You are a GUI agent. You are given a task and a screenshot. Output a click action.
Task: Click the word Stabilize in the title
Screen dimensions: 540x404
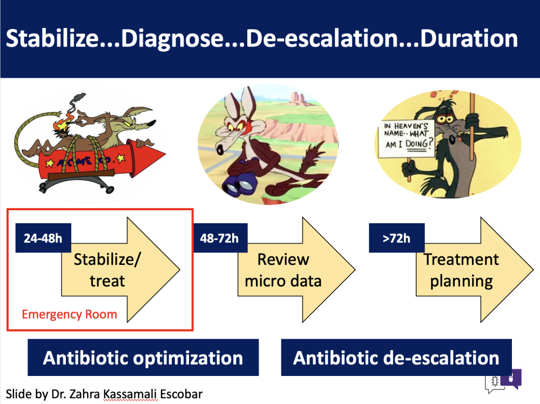coord(53,38)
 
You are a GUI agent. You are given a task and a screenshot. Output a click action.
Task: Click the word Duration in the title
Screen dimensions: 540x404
coord(469,38)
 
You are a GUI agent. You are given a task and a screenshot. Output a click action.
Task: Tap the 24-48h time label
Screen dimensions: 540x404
coord(43,238)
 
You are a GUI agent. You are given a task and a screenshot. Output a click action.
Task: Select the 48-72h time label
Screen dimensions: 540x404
coord(220,238)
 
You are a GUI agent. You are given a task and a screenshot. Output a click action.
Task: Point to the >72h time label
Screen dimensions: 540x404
coord(396,238)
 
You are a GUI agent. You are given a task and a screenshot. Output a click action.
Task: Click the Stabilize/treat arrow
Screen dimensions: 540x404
coord(120,270)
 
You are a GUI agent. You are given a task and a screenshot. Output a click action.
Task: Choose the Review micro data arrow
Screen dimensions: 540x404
coord(296,270)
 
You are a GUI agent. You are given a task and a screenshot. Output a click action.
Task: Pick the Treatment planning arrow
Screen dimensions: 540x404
coord(475,270)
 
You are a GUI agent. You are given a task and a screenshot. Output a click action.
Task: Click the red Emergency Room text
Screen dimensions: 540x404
coord(69,314)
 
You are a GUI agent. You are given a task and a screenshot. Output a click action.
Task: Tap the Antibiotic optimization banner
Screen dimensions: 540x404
coord(143,358)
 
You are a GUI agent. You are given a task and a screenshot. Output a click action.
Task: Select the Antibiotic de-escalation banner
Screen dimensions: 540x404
coord(396,358)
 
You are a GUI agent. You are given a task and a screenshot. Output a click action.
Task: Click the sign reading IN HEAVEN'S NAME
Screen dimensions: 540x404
coord(407,139)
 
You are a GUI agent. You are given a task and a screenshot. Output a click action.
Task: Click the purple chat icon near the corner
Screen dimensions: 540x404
coord(512,378)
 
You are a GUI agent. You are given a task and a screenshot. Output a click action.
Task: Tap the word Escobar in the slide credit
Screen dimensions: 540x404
coord(181,394)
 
